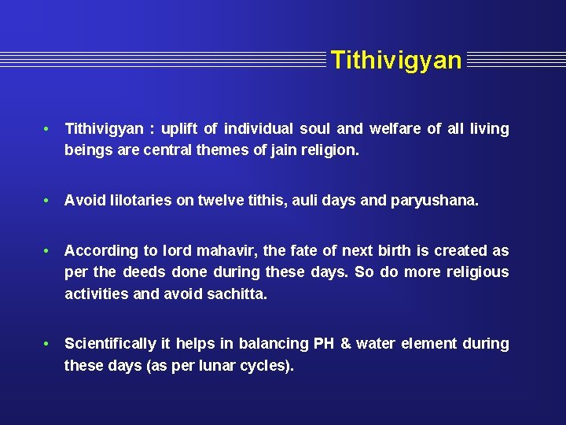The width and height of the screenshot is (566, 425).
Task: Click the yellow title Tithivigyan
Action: coord(396,60)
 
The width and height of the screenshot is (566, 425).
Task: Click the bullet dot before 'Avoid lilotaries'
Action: coord(48,201)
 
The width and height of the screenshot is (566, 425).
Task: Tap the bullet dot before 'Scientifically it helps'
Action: coord(48,344)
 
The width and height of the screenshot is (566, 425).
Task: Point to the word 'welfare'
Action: coord(395,128)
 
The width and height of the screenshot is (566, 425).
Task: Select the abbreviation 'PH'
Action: coord(324,344)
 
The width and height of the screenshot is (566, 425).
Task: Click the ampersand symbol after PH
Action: coord(346,344)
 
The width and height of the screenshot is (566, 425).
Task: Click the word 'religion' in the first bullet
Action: coord(329,150)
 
